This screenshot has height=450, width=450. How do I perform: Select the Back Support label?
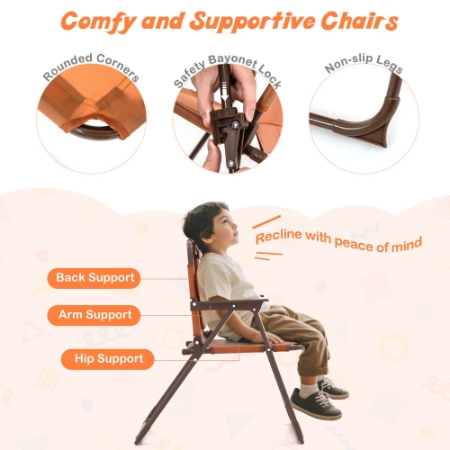click(x=94, y=277)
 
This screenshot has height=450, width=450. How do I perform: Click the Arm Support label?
click(x=95, y=315)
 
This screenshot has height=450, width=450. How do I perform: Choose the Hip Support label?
click(x=102, y=359)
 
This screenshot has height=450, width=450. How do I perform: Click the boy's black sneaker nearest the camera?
click(x=316, y=406)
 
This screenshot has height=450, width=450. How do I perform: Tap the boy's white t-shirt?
click(x=220, y=279)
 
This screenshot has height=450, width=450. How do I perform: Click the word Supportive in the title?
click(x=242, y=20)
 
